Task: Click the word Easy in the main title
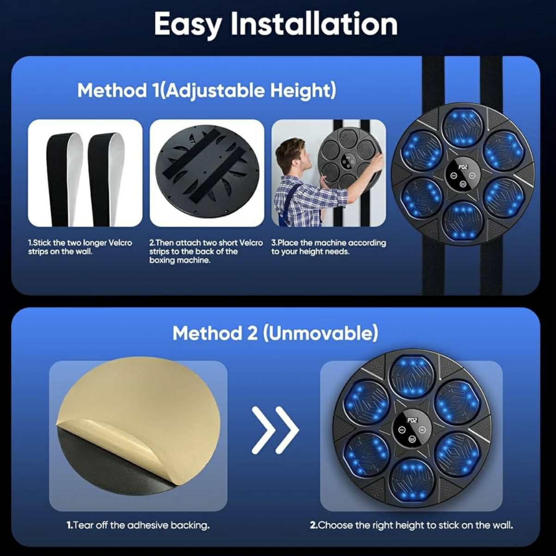(188, 25)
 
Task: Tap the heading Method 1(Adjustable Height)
(207, 91)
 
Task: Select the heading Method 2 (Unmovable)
(275, 333)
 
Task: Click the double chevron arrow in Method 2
(275, 430)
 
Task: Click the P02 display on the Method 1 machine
(463, 167)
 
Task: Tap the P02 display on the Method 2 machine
(412, 420)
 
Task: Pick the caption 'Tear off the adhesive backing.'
(138, 525)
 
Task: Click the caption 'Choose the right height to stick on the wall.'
(411, 525)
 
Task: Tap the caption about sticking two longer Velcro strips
(80, 247)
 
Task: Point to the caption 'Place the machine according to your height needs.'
(328, 247)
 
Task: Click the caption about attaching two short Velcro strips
(206, 251)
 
